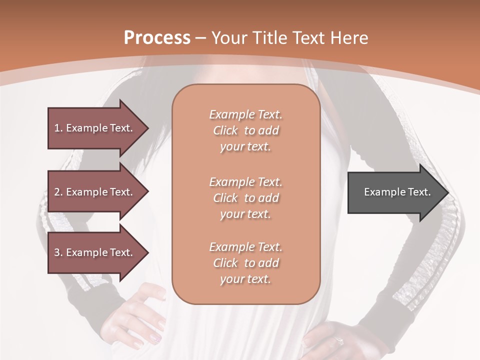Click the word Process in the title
point(157,38)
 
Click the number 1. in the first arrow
point(58,128)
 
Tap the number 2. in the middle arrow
point(58,192)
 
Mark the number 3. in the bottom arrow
point(58,252)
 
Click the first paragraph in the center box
point(245,130)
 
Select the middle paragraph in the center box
point(245,198)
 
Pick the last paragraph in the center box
point(245,263)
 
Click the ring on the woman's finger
point(339,341)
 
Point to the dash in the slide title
point(201,38)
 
